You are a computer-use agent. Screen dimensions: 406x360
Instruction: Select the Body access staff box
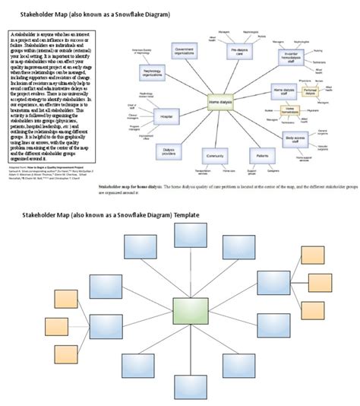pyautogui.click(x=298, y=139)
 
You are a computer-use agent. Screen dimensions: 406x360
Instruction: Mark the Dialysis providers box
pyautogui.click(x=174, y=151)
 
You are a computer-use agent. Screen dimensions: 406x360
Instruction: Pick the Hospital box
pyautogui.click(x=166, y=116)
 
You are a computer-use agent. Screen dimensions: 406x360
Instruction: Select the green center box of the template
pyautogui.click(x=190, y=312)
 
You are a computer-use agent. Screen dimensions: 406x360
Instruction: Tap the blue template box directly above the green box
pyautogui.click(x=190, y=246)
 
